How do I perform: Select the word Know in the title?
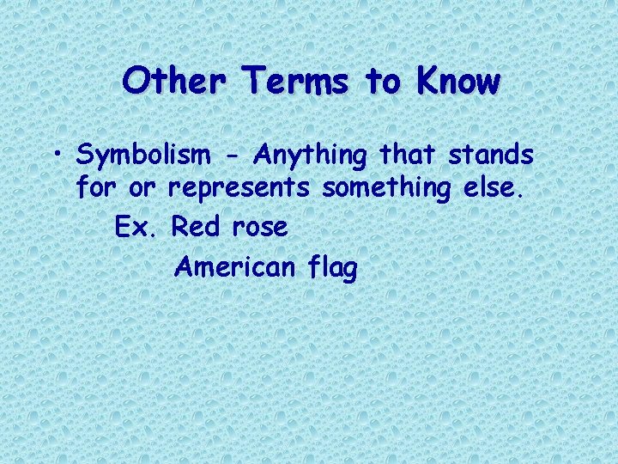(457, 82)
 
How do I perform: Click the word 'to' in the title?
(384, 82)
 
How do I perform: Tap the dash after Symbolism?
(232, 156)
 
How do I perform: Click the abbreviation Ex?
(134, 227)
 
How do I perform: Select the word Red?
(197, 227)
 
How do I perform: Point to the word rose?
(259, 229)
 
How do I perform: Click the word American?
(233, 267)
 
